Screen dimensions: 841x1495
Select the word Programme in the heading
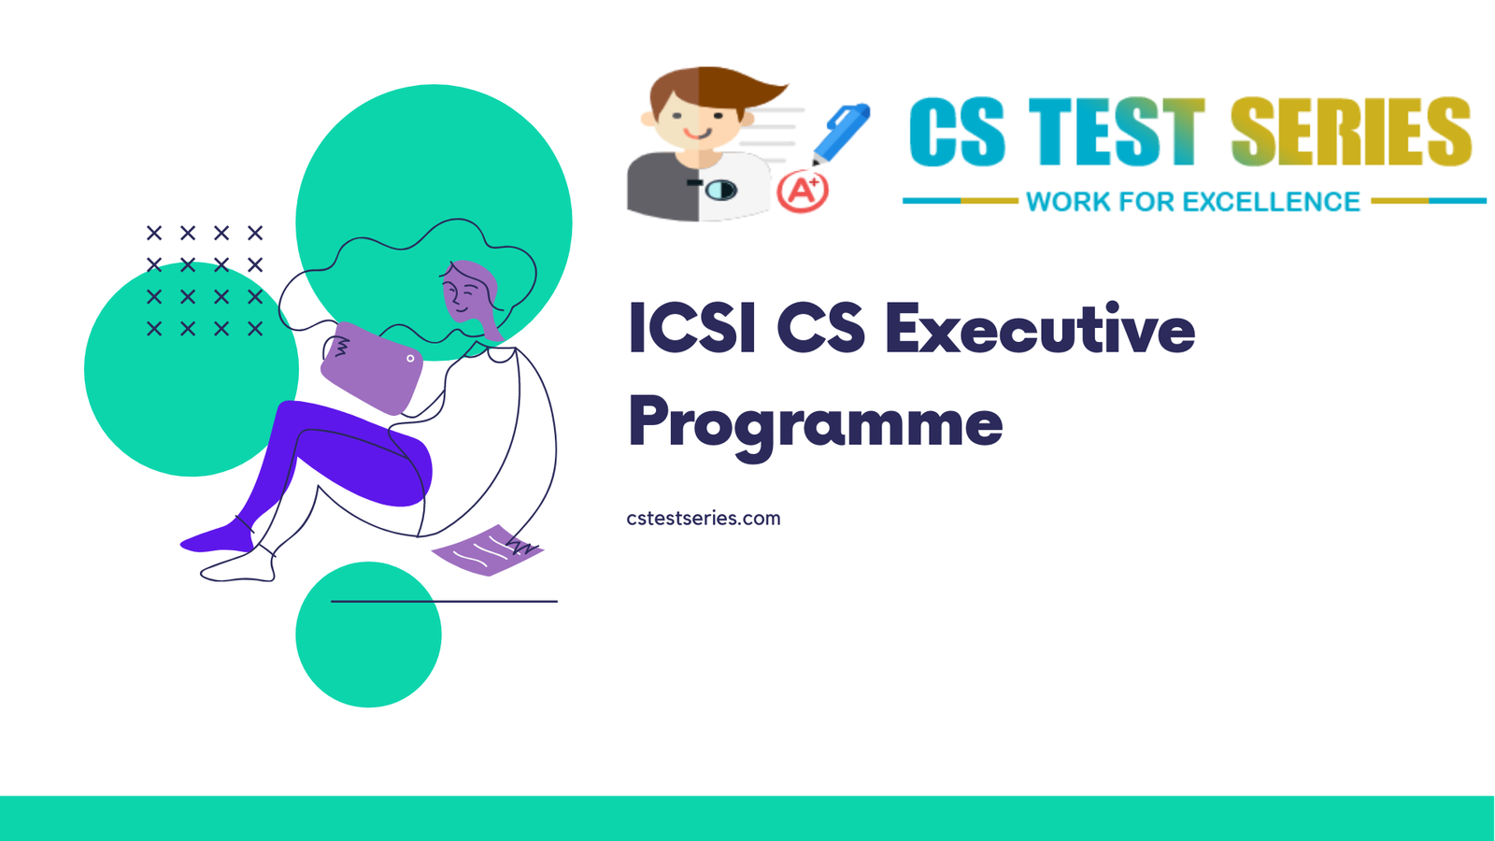[815, 423]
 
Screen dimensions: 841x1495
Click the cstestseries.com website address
[703, 519]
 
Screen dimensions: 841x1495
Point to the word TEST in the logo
[1116, 133]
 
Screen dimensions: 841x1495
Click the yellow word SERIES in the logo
[1350, 133]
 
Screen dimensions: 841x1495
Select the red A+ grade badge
[803, 192]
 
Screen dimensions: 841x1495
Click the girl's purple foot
[218, 538]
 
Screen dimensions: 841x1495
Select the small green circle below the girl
[368, 645]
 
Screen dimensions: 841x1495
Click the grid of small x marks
[205, 280]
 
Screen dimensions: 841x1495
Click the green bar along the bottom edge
[747, 818]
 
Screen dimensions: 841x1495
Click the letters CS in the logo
[957, 133]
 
